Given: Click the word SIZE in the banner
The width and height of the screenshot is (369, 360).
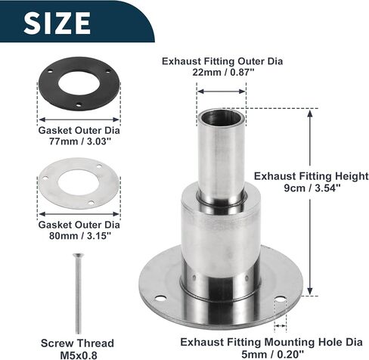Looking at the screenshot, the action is click(x=57, y=23).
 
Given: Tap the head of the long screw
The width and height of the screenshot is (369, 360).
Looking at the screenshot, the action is click(x=78, y=255).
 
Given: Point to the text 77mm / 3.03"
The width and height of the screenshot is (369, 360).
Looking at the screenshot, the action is click(x=80, y=141).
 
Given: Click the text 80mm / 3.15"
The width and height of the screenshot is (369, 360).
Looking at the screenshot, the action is click(x=80, y=236).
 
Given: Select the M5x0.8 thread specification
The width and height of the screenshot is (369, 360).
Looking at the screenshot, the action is click(x=79, y=355).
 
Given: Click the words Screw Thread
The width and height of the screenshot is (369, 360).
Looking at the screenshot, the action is click(x=77, y=343).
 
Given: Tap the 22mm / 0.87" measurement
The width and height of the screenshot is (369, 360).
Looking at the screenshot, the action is click(x=223, y=73).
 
